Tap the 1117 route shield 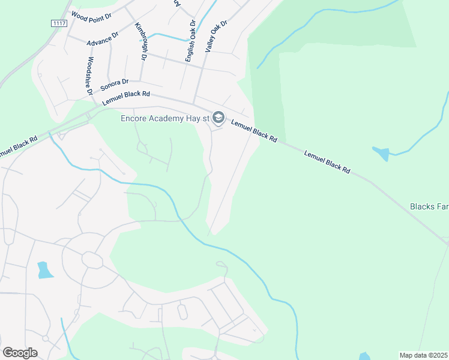58,23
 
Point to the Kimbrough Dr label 141,41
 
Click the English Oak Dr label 190,41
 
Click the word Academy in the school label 167,118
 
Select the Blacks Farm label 429,206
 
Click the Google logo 20,352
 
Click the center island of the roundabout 92,260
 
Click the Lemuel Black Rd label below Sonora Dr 125,97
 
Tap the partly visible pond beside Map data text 365,356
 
